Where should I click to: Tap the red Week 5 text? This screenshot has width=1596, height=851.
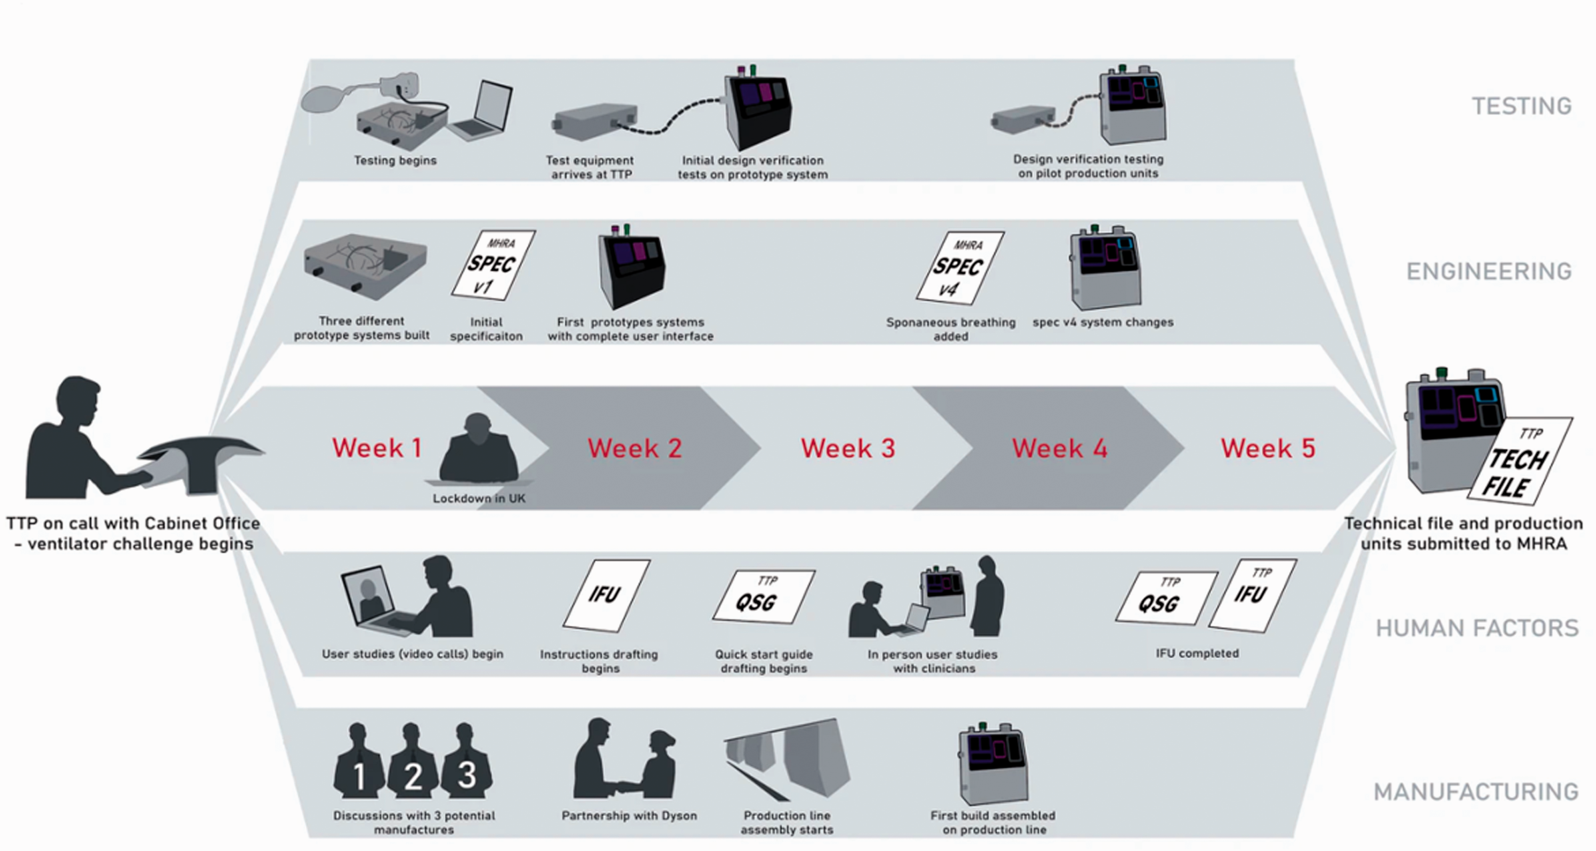coord(1268,448)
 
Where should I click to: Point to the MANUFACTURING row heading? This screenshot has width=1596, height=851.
coord(1476,791)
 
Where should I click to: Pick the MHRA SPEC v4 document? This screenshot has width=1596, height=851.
coord(960,267)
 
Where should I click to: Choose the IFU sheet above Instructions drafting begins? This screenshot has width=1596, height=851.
coord(606,595)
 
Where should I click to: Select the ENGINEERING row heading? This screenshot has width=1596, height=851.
coord(1489,271)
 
